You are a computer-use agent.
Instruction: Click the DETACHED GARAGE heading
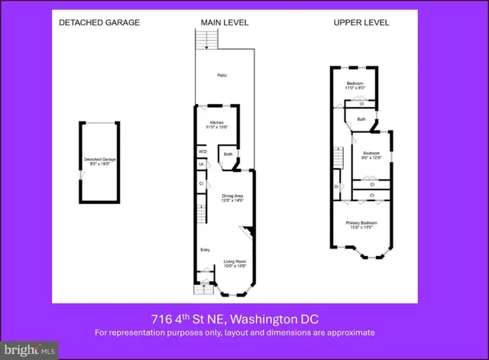(x=99, y=22)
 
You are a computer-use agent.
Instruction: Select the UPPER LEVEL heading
(x=361, y=22)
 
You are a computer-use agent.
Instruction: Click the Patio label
(x=222, y=76)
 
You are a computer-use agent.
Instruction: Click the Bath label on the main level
(x=228, y=156)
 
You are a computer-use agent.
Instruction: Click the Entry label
(x=205, y=250)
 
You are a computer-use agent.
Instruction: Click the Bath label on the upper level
(x=361, y=119)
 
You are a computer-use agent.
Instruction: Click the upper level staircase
(x=336, y=160)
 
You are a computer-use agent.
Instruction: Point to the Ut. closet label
(x=202, y=165)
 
